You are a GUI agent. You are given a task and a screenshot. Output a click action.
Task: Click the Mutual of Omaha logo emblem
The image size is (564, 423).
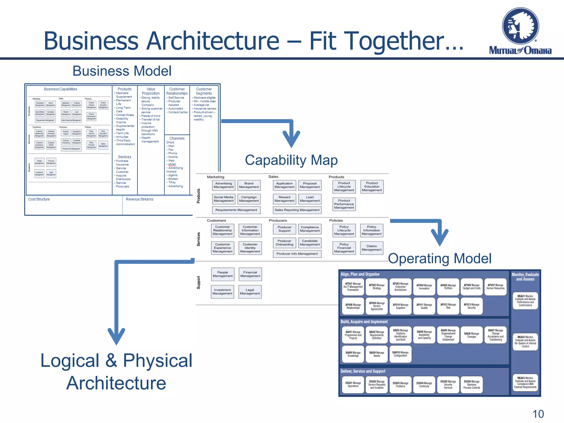520,26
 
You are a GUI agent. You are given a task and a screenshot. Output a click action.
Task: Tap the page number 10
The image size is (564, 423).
538,414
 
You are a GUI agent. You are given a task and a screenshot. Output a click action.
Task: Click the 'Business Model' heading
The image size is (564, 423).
122,71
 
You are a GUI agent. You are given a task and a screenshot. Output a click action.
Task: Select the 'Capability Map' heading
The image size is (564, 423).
291,160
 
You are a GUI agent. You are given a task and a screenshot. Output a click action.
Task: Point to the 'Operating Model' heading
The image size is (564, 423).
440,258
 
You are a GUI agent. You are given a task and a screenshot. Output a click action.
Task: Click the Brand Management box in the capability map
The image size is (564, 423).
249,185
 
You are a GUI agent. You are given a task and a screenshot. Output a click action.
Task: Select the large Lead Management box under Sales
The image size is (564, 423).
310,199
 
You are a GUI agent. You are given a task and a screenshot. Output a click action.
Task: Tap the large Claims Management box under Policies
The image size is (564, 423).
372,248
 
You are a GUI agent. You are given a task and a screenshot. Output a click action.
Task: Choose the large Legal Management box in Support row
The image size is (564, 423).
250,292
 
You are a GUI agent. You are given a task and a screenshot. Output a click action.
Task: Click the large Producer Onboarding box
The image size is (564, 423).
284,243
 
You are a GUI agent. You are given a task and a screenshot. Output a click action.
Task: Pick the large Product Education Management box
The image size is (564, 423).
372,187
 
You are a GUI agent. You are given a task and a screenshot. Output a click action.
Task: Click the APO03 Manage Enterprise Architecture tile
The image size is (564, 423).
400,287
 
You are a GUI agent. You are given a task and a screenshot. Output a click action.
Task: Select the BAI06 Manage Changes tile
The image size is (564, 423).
471,335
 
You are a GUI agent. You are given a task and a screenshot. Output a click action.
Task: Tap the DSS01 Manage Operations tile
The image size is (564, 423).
353,384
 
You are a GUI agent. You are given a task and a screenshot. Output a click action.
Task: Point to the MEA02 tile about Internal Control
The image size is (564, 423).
525,342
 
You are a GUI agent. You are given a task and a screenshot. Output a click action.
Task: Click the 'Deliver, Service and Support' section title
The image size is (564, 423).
363,371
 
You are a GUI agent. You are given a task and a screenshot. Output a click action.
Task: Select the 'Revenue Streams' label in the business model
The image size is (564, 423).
139,199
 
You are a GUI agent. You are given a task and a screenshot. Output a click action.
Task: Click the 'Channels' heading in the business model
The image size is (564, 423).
177,138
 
